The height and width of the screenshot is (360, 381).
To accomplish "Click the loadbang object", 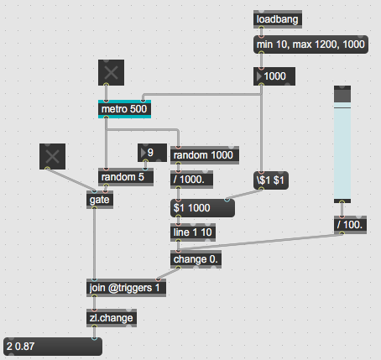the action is coord(278,19).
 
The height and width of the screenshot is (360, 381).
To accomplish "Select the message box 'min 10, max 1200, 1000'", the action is coord(311,44).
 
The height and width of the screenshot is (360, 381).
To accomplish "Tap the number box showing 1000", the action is coord(274,76).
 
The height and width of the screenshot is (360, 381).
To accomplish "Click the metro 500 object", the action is coord(124,109).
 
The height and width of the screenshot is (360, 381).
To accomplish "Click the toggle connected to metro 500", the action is coord(111,72).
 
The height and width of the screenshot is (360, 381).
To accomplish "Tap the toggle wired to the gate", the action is coord(52,156).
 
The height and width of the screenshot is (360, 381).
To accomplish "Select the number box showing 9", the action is coord(152,153).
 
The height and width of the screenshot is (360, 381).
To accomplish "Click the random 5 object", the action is coord(126,177).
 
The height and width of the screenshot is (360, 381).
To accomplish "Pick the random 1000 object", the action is coord(205,155).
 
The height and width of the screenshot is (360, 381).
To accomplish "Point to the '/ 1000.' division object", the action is coord(191,180).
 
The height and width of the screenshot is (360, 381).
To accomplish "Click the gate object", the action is coord(100,200).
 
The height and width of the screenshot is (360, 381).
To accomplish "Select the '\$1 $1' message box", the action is coord(271,180).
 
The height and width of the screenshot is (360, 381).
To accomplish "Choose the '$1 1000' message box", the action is coord(202,208).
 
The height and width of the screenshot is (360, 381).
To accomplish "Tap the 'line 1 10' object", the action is coord(193,232).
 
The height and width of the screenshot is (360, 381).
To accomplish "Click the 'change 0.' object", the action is coord(196,259).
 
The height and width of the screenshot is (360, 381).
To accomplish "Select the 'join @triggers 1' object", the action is coord(126,288).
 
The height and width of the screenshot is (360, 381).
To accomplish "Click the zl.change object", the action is coord(112,318).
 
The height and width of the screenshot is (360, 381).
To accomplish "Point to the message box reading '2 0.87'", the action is coord(53,347).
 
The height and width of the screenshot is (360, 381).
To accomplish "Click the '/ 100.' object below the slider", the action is coord(350,225).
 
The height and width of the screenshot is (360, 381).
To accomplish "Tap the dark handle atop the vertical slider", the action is coord(342,94).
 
